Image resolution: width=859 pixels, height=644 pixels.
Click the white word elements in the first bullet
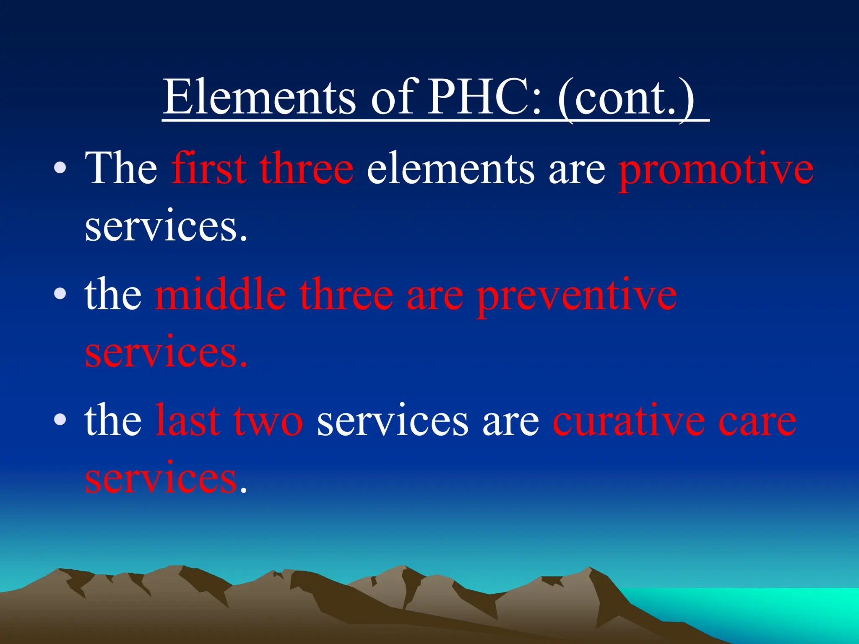click(x=451, y=169)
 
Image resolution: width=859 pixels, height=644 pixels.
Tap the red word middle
click(x=220, y=294)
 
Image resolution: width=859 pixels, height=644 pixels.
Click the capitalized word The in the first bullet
click(x=121, y=169)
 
